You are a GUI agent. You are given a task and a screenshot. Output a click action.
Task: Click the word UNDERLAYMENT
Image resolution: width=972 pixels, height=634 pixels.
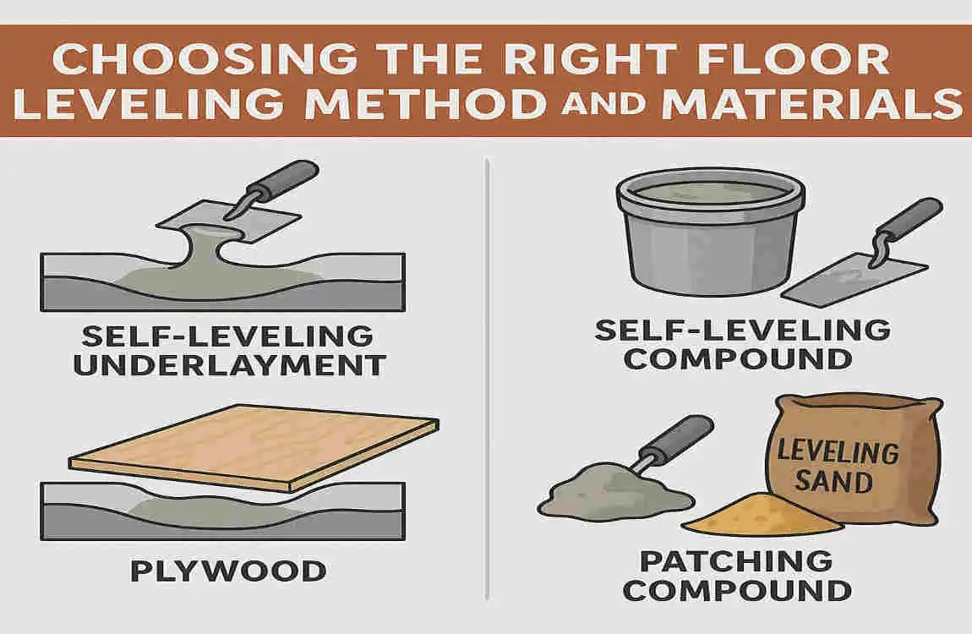(228, 365)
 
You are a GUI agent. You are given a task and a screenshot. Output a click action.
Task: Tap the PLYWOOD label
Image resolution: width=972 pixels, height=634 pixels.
(228, 571)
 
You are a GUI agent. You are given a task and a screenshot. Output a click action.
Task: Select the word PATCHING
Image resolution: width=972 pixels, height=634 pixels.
(735, 560)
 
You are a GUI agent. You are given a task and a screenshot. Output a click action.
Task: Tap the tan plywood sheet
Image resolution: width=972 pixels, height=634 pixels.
(254, 448)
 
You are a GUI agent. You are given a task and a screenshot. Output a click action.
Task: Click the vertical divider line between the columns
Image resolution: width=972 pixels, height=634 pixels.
(488, 380)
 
